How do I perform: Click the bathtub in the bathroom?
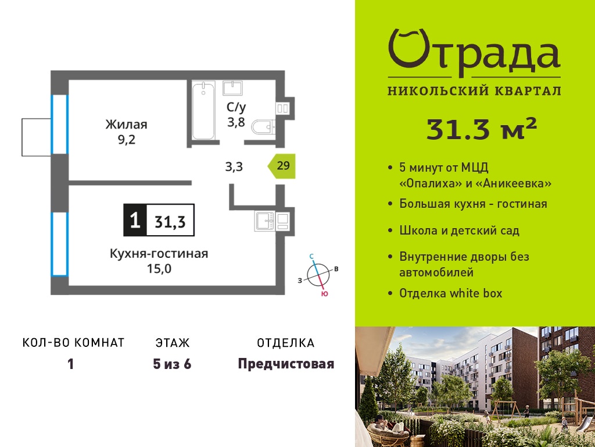[x=203, y=110]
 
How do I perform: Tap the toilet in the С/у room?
[x=263, y=127]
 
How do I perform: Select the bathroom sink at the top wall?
[x=232, y=88]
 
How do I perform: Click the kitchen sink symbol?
[x=266, y=221]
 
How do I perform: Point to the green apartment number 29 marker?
[x=281, y=166]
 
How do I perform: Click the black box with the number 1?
[x=135, y=220]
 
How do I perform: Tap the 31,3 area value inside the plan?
[x=170, y=221]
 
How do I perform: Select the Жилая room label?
[x=126, y=125]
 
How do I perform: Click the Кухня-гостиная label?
[x=159, y=254]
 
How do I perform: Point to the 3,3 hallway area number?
[x=234, y=166]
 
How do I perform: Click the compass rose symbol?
[x=318, y=275]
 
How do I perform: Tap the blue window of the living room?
[x=60, y=125]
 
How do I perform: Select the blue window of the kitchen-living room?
[x=60, y=244]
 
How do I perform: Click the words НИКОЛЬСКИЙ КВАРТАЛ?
[x=474, y=91]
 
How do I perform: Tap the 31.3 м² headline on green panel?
[x=482, y=129]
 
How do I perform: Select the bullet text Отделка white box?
[x=451, y=293]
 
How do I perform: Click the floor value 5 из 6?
[x=172, y=364]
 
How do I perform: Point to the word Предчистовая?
[x=286, y=364]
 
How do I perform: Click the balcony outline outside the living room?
[x=37, y=137]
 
